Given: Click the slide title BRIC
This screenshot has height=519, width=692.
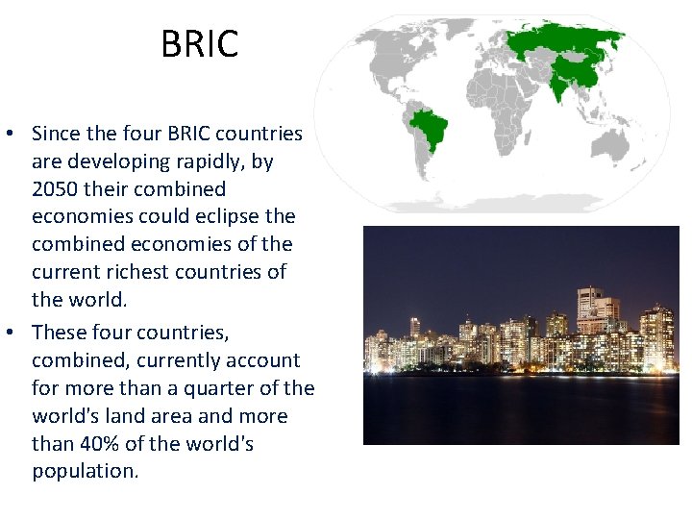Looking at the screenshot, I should tap(199, 44).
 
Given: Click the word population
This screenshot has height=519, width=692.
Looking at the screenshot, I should tap(85, 472).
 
